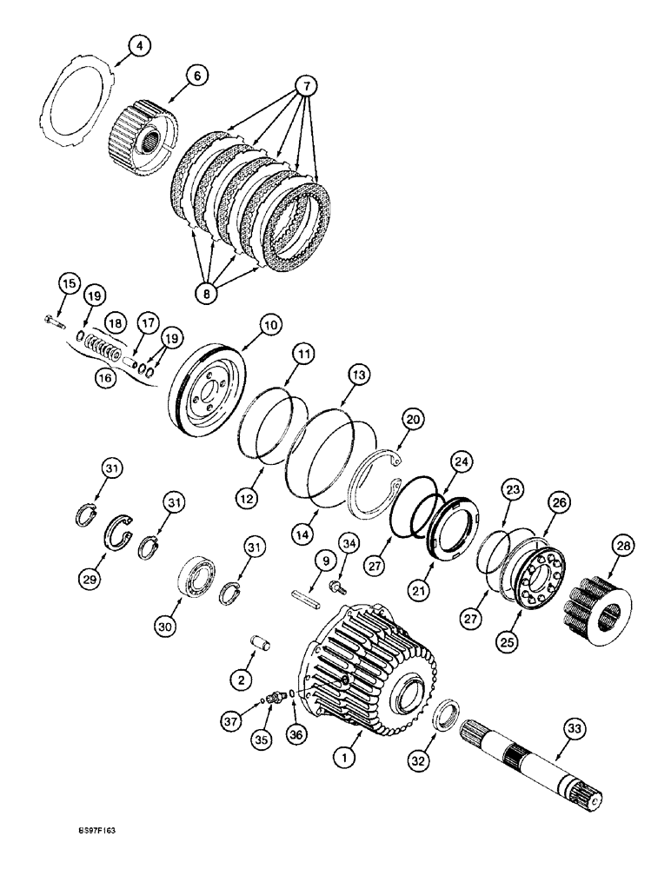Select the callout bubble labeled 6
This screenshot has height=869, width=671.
click(196, 77)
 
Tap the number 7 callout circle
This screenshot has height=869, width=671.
click(305, 86)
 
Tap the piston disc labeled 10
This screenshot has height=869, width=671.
click(208, 397)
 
